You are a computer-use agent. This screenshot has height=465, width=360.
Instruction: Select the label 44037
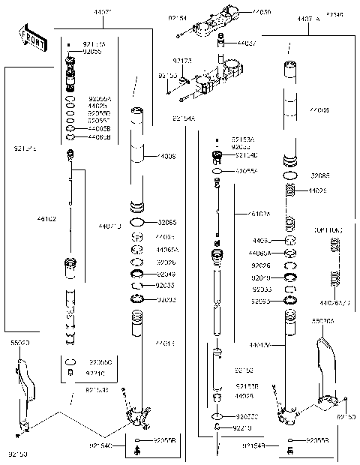247,43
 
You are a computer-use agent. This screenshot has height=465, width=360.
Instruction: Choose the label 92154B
252,446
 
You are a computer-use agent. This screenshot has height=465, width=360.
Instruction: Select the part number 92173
181,58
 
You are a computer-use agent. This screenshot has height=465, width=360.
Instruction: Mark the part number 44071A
307,16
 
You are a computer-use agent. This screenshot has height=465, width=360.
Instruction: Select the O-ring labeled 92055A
216,171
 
